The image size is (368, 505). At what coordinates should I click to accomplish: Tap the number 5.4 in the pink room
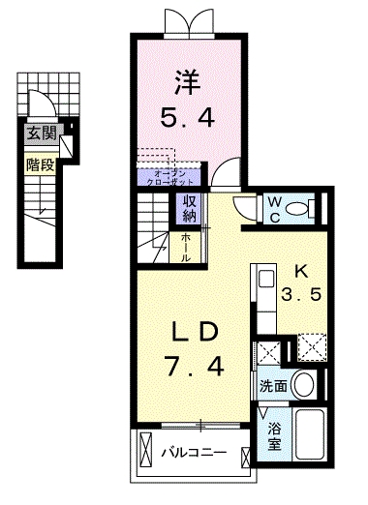pyautogui.click(x=187, y=122)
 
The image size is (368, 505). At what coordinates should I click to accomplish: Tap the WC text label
pyautogui.click(x=274, y=207)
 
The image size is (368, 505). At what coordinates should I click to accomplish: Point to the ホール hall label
pyautogui.click(x=187, y=246)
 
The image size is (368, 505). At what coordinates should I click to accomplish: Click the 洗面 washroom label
pyautogui.click(x=272, y=386)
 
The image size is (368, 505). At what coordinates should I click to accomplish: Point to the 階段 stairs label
pyautogui.click(x=40, y=164)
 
